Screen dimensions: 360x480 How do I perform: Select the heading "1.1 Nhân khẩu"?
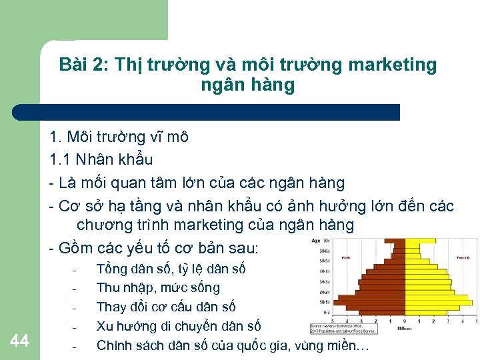coord(101,159)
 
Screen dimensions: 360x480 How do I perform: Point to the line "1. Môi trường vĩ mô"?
coord(119,137)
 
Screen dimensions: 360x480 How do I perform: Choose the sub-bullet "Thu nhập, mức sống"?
coord(158,288)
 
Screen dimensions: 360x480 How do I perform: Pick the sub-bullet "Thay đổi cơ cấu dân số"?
coord(166,307)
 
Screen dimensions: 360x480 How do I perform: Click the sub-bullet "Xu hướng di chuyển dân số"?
coord(179,327)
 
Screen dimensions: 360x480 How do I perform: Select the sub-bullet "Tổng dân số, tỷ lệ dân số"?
coord(171,269)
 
